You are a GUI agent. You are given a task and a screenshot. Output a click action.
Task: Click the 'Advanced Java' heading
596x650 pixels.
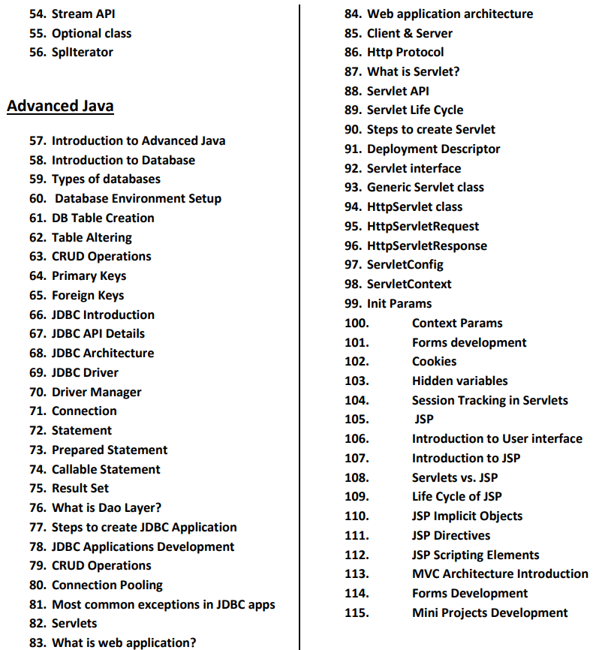coord(60,106)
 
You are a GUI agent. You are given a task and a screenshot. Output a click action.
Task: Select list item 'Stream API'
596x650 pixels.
coord(83,14)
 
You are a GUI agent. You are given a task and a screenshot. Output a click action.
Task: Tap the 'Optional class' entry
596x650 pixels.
coord(91,33)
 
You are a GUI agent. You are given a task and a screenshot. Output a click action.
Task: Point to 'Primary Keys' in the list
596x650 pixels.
coord(89,275)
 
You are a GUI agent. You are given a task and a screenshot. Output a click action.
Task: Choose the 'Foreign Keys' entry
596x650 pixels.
coord(87,295)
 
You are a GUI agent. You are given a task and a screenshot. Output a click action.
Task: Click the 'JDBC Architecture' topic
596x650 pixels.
coord(102,353)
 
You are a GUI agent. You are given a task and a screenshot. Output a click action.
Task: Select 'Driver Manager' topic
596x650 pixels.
coord(96,392)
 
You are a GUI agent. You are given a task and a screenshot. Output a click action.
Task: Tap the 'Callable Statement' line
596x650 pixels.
coord(106,469)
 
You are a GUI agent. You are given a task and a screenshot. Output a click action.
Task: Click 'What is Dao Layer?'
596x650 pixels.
coord(106,507)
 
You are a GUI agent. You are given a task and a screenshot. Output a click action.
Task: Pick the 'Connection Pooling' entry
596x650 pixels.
coord(107,585)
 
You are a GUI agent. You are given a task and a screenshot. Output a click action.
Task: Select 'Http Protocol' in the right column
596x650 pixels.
coord(405,52)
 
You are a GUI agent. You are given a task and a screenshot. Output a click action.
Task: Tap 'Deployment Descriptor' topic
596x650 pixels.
coord(433,149)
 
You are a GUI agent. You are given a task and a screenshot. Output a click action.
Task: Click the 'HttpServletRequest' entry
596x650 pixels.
coord(423,226)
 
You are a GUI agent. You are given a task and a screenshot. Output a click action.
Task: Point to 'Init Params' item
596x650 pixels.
coord(399,303)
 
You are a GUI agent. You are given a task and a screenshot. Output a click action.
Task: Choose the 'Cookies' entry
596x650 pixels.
coord(434,361)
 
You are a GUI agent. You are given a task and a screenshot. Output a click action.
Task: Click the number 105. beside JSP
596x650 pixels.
coord(357,419)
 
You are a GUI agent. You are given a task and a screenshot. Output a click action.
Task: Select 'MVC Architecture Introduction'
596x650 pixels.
coord(500,573)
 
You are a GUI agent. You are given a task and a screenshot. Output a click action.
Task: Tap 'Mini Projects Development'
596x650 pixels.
coord(489,612)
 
